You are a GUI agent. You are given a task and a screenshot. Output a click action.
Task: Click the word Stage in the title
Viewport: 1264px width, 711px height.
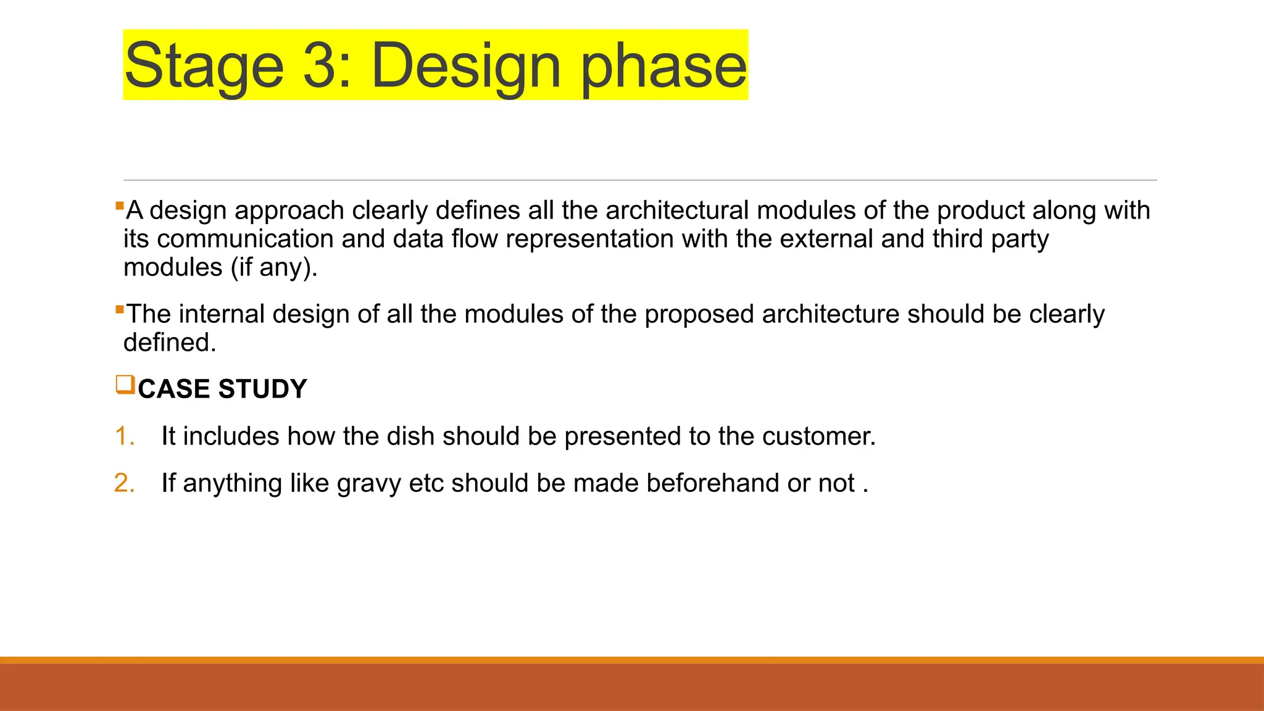coord(204,66)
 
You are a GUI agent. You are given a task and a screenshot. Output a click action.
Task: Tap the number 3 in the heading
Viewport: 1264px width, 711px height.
coord(320,65)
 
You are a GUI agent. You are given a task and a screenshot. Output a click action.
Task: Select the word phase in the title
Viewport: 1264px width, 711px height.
coord(664,66)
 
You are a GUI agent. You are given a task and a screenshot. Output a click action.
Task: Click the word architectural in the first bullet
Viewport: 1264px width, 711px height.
coord(677,210)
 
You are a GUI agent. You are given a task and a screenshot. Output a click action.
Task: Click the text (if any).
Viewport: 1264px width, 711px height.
coord(274,268)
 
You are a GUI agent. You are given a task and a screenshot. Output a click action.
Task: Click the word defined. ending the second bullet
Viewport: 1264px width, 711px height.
coord(170,343)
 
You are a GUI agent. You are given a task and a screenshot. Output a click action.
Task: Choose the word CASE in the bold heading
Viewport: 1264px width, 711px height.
coord(174,389)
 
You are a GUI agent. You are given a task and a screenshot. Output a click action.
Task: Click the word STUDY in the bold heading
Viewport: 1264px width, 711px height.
coord(262,389)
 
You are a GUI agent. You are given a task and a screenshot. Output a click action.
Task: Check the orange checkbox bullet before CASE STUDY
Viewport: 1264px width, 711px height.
coord(125,385)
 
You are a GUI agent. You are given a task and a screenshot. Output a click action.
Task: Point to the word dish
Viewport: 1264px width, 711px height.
coord(410,436)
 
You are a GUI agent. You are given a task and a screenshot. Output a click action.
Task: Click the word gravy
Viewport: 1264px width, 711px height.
coord(369,484)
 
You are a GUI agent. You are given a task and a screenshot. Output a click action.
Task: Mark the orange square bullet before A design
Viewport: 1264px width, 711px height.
coord(120,205)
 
